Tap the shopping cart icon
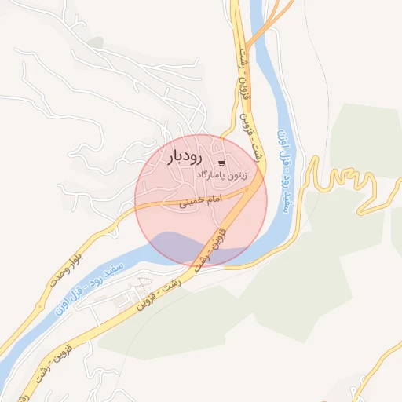click(221, 163)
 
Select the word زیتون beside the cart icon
click(235, 176)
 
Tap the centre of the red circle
click(201, 199)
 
